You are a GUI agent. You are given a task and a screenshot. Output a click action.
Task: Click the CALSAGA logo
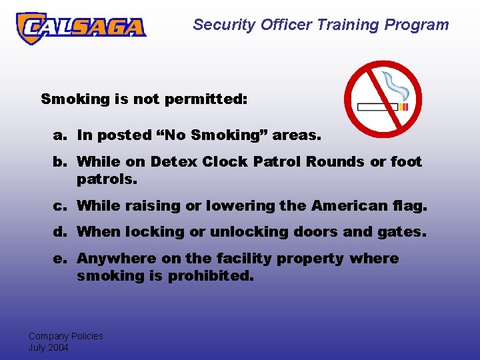tap(81, 27)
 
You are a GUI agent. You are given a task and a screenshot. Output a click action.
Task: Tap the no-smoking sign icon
tap(383, 99)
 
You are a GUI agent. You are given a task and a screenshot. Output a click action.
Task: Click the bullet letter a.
tap(59, 135)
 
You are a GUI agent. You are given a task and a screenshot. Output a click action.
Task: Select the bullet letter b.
tap(59, 162)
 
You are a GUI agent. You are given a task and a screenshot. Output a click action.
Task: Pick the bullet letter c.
tap(59, 206)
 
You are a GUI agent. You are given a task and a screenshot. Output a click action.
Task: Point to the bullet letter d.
tap(59, 232)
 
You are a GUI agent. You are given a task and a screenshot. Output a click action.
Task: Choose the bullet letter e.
tap(59, 259)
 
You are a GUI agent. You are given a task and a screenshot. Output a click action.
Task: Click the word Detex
tap(173, 162)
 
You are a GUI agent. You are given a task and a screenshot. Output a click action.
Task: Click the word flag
tap(412, 206)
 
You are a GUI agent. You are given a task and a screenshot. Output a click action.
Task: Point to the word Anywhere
tap(114, 259)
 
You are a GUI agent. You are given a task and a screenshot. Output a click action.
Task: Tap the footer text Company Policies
tap(65, 336)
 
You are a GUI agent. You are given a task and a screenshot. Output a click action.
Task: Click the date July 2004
tap(48, 347)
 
